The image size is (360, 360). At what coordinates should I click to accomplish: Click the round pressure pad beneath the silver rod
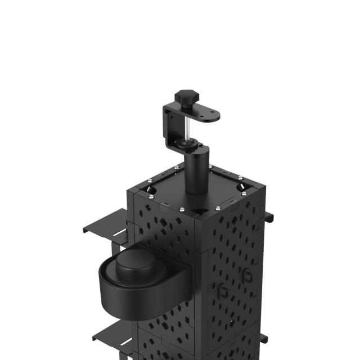tap(191, 145)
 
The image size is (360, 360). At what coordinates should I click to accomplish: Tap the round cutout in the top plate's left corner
tap(152, 192)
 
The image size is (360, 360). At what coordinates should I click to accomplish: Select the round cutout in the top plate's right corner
tap(240, 185)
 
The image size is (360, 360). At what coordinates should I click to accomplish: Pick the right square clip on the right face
tap(247, 275)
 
